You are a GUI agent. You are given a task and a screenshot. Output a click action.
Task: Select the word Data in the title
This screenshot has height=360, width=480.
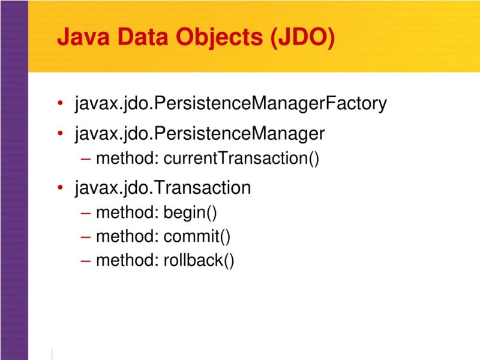tap(142, 37)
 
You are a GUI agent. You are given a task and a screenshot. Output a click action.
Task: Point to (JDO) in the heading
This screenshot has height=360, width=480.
tap(302, 37)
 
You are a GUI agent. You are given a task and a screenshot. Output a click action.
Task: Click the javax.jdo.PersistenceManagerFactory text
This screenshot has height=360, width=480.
tap(231, 103)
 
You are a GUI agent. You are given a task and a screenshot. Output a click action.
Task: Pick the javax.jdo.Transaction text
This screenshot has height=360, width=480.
tap(163, 188)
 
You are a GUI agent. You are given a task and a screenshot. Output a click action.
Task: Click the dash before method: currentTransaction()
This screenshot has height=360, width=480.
tap(85, 159)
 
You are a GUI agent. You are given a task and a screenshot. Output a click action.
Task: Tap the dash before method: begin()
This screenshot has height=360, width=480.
tap(85, 213)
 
